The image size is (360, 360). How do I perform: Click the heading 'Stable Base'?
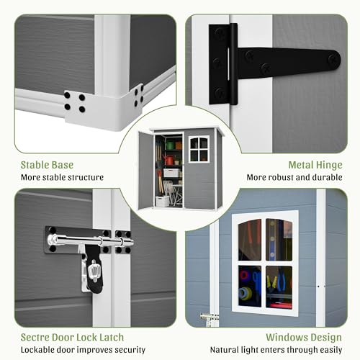(x=47, y=165)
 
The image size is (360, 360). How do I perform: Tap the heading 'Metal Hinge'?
(x=315, y=165)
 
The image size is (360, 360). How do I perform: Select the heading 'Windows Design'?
(x=304, y=338)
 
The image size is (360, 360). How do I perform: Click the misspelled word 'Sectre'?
(x=35, y=338)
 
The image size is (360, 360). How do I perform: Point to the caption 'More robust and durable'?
(x=294, y=178)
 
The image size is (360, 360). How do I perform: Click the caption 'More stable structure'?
(x=62, y=178)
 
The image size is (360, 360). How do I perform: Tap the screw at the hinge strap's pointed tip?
(x=333, y=59)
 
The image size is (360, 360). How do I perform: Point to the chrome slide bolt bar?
(x=91, y=240)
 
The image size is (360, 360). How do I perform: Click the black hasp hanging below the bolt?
(x=94, y=269)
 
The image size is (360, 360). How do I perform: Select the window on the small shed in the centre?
(x=199, y=149)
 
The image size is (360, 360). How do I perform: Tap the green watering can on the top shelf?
(x=170, y=145)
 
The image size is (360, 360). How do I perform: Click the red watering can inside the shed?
(x=168, y=160)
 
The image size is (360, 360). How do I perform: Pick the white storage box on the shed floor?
(x=162, y=202)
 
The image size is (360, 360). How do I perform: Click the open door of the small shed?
(x=145, y=170)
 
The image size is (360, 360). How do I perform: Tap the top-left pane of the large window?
(x=250, y=240)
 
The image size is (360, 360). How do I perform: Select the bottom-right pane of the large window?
(x=279, y=287)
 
